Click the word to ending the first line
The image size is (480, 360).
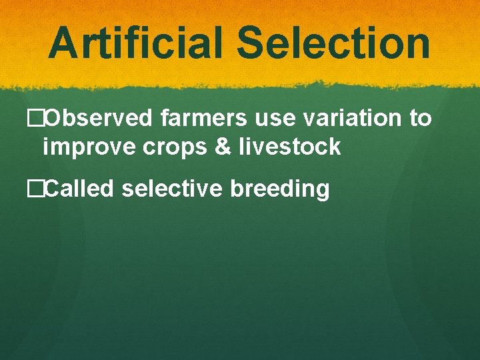click(x=421, y=119)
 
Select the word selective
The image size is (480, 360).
click(x=173, y=189)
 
